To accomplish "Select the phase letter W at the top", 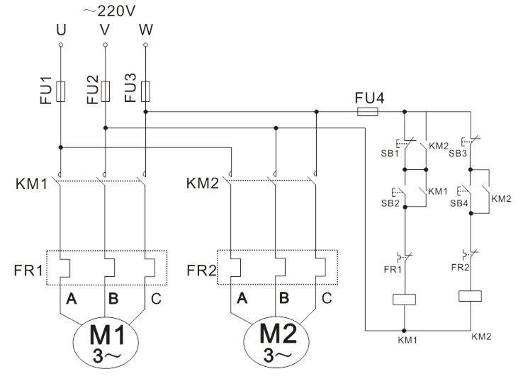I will (x=146, y=30).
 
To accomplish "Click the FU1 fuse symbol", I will (x=62, y=91).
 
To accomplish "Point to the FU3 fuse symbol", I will (x=145, y=91).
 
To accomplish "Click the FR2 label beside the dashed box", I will (x=200, y=270).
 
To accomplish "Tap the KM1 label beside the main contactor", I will (x=30, y=184).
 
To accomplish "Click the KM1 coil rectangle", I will (x=403, y=300).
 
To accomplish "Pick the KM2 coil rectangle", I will (x=471, y=295).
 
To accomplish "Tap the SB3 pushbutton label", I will (x=458, y=153).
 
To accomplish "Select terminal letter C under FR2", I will (x=326, y=299).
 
